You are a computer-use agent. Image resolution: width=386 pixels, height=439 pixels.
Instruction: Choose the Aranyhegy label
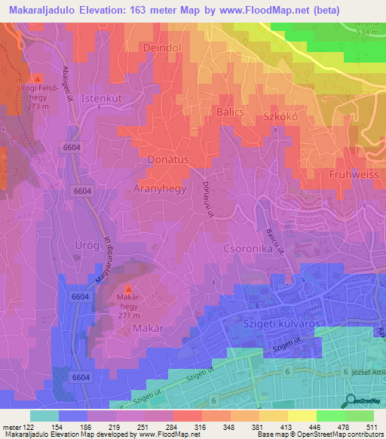(x=160, y=186)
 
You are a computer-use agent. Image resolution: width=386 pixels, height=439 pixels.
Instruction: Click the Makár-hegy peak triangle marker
(x=127, y=290)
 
